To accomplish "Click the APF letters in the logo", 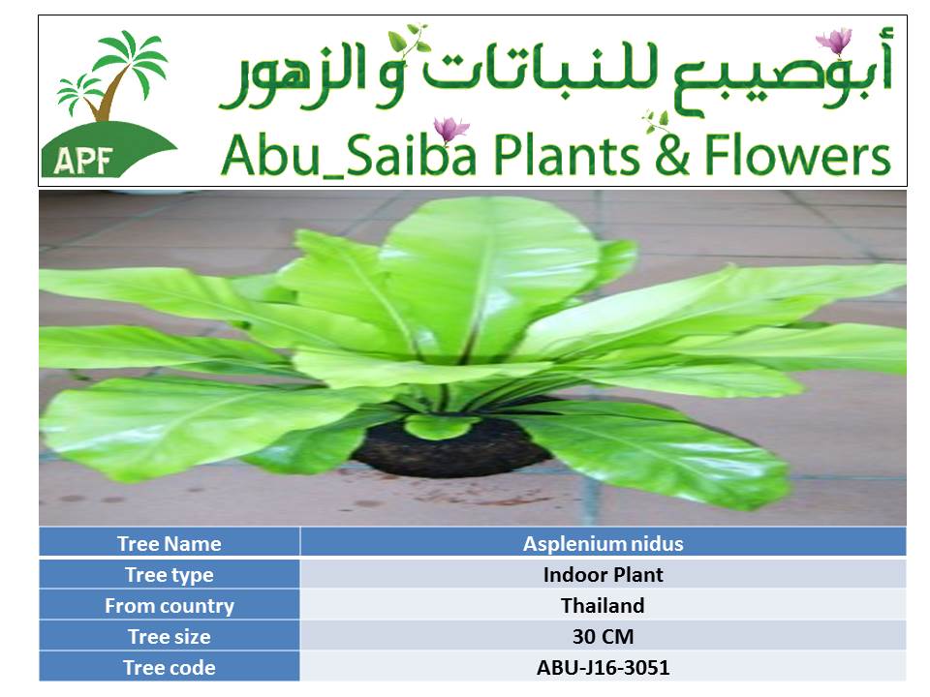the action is (x=83, y=160).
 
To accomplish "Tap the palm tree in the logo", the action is (x=112, y=75).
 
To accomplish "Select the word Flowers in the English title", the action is (x=797, y=154).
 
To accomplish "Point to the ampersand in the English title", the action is (x=672, y=154).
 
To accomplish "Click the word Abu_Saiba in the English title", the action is (x=349, y=155).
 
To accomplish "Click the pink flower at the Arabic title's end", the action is (x=834, y=41).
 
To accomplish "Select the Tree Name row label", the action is (x=169, y=543).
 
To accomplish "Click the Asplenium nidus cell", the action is (x=604, y=543).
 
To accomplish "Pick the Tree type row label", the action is (x=169, y=575).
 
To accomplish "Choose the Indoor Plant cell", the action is (x=604, y=575).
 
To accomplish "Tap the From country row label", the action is (x=169, y=606).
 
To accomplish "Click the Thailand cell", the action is (x=604, y=606).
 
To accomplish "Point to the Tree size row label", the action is (x=169, y=637).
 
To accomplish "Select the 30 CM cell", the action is (x=604, y=637).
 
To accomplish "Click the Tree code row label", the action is (x=169, y=668).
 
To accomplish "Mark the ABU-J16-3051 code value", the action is (x=604, y=668).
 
